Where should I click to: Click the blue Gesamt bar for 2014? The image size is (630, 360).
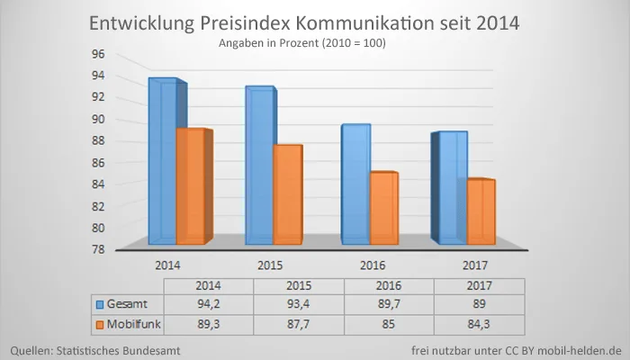point(164,162)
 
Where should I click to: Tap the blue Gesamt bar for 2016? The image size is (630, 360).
point(356,184)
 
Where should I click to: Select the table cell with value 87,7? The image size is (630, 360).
point(298,322)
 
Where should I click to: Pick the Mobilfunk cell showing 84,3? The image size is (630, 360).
point(478,322)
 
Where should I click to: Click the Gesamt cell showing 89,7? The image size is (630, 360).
point(388,302)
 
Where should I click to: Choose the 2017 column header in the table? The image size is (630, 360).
point(478,284)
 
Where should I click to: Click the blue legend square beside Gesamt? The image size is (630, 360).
point(100,302)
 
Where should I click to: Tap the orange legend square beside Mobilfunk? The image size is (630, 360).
point(100,322)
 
